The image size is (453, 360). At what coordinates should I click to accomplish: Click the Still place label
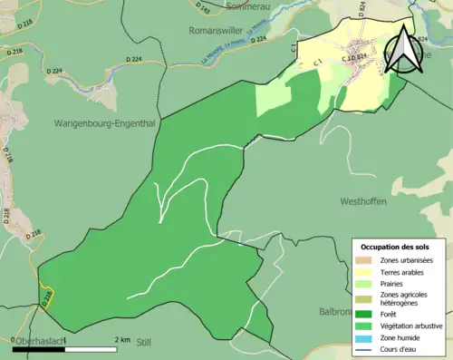143,344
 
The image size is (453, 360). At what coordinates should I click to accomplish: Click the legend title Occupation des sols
396,247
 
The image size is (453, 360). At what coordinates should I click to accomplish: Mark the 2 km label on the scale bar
123,339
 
